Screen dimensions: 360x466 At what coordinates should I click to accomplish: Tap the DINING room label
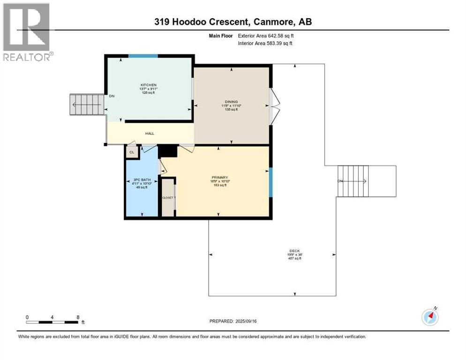click(x=231, y=102)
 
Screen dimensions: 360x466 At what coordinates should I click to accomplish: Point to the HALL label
click(x=150, y=134)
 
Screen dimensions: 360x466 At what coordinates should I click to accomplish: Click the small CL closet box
click(x=132, y=152)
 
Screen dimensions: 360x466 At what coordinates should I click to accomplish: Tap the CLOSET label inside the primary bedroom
click(x=168, y=198)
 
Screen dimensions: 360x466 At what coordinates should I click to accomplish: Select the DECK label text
click(x=294, y=251)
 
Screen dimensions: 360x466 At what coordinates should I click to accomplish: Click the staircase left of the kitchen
click(x=87, y=105)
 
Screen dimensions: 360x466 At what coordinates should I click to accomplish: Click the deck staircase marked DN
click(x=354, y=181)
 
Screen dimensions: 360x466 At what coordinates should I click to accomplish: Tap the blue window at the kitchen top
click(x=143, y=56)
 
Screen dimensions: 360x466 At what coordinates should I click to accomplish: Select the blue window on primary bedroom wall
click(x=271, y=182)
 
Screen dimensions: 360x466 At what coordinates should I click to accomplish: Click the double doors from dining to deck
click(x=274, y=106)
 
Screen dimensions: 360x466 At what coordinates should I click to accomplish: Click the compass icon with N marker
click(x=430, y=316)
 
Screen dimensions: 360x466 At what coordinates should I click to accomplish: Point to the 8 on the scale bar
click(x=77, y=317)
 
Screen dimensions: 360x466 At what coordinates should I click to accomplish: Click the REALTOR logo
click(x=27, y=32)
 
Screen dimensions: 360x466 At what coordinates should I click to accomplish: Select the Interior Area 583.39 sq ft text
click(x=265, y=43)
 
